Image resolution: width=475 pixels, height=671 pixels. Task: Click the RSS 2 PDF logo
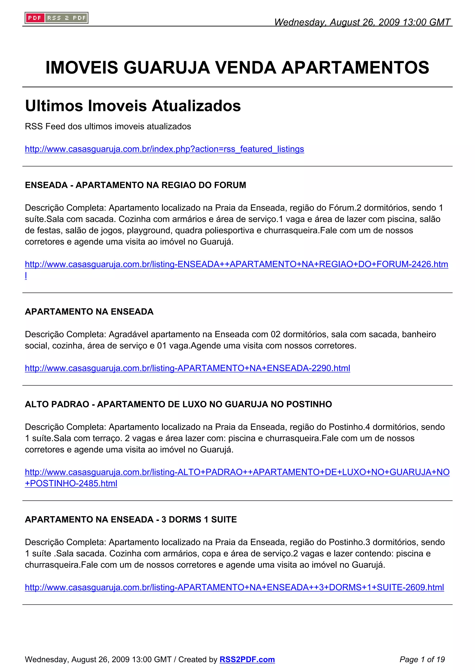pyautogui.click(x=56, y=18)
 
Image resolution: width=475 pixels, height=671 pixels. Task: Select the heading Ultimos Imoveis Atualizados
pyautogui.click(x=133, y=106)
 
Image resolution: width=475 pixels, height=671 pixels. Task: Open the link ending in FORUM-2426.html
pyautogui.click(x=236, y=264)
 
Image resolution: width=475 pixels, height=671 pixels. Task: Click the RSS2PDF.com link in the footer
pyautogui.click(x=247, y=659)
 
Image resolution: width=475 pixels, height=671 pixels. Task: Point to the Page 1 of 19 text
pyautogui.click(x=422, y=659)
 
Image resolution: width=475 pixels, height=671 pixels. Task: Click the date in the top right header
pyautogui.click(x=362, y=22)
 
